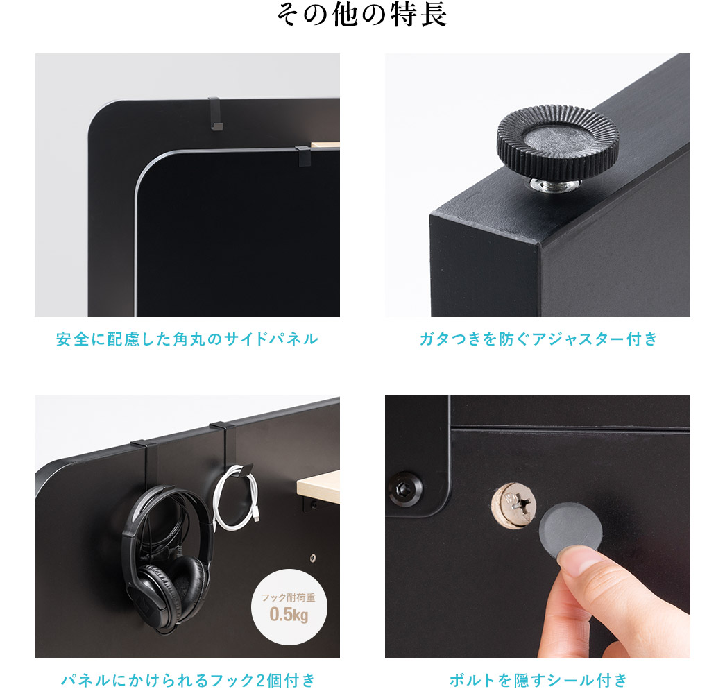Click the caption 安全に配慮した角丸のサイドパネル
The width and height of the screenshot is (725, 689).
point(187,339)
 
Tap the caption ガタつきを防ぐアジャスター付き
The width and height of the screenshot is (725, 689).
point(538,339)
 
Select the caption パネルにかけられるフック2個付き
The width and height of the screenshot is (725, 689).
point(187,679)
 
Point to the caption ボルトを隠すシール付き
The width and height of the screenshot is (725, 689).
point(538,679)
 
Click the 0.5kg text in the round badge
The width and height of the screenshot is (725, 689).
point(289,614)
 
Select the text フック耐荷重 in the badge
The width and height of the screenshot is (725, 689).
point(289,597)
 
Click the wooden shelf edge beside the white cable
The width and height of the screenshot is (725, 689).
point(318,483)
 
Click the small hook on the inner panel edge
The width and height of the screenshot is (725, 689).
point(302,156)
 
